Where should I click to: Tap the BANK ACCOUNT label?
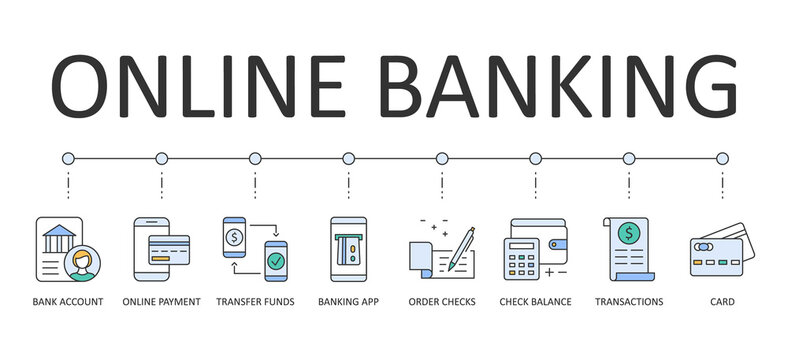coord(68,301)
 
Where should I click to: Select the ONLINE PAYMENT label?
coord(161,301)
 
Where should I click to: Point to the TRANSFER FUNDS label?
coord(255,301)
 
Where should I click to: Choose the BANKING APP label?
coord(348,301)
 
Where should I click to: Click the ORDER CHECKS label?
coord(442,301)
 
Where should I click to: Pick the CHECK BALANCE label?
coord(535,301)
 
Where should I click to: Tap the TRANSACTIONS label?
coord(629,301)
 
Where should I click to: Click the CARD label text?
coord(722,301)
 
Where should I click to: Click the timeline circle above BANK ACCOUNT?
coord(68,158)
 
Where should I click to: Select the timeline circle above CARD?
coord(722,158)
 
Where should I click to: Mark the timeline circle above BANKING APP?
coord(348,158)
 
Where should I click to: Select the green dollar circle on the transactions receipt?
coord(630,234)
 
